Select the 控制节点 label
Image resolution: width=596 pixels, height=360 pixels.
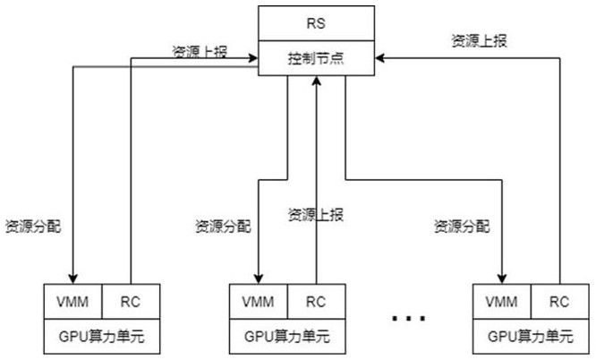click(x=315, y=60)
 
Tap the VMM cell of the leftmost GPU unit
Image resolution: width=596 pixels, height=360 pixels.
click(x=73, y=302)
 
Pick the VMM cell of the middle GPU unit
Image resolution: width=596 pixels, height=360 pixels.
click(x=258, y=302)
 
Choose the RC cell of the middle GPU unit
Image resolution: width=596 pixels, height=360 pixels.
click(x=316, y=302)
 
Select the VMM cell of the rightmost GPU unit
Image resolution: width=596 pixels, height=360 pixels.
click(x=502, y=302)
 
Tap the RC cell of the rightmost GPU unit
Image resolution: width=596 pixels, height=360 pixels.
click(x=560, y=302)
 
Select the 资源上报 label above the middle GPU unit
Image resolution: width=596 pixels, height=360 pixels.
click(x=315, y=214)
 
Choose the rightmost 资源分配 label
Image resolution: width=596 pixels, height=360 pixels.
click(x=462, y=225)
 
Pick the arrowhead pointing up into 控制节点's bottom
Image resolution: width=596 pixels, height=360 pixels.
click(x=316, y=82)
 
